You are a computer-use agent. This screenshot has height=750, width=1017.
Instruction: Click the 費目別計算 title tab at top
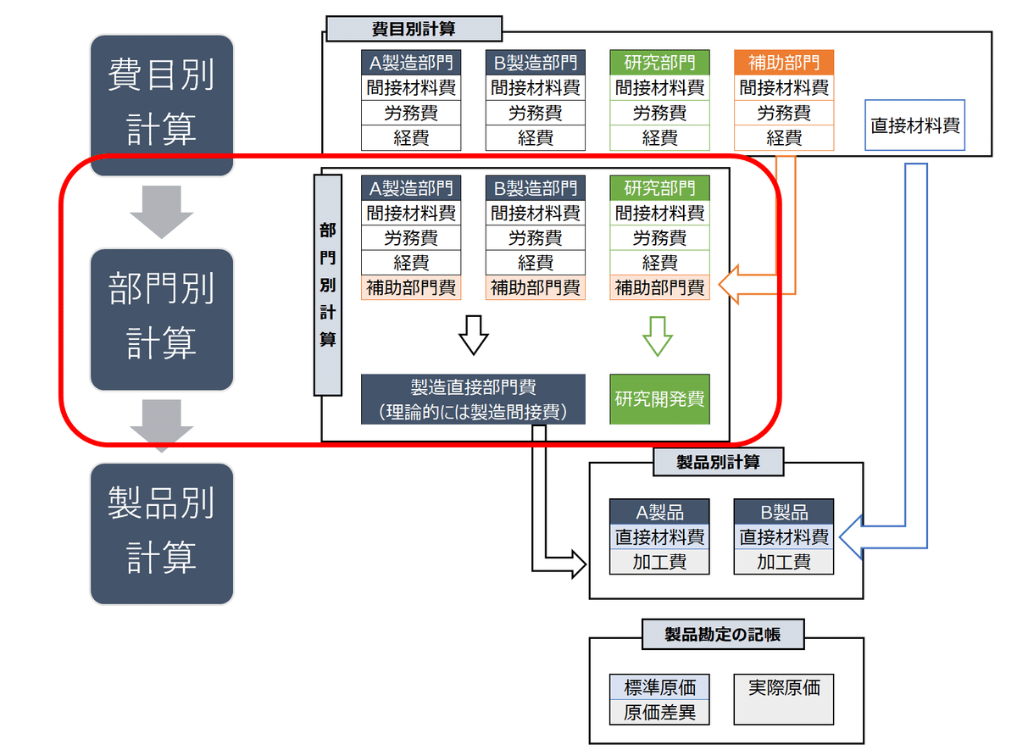click(414, 29)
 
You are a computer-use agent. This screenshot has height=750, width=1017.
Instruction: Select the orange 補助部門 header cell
click(784, 63)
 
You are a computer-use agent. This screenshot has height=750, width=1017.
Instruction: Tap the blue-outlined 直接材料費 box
click(914, 125)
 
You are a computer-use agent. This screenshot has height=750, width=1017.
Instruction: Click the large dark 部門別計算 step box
click(162, 319)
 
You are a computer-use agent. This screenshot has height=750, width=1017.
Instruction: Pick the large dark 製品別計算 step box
click(162, 534)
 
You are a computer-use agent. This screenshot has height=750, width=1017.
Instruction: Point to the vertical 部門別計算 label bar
click(328, 285)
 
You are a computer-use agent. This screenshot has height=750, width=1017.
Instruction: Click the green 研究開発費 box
click(659, 399)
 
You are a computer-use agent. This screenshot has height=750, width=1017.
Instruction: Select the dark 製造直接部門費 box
click(473, 399)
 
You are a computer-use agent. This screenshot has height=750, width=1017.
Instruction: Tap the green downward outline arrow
click(658, 336)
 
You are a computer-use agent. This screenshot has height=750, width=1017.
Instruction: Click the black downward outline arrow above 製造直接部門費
click(474, 336)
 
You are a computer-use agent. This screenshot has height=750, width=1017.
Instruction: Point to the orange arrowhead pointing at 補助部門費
click(729, 285)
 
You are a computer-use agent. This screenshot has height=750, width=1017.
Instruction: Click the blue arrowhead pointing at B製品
click(850, 537)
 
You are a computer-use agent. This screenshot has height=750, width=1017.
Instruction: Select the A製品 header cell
click(659, 512)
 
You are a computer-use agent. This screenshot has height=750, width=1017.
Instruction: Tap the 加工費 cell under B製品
click(784, 562)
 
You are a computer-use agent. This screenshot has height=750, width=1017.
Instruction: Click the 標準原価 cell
click(659, 687)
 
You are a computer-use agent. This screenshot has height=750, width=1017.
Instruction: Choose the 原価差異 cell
click(659, 713)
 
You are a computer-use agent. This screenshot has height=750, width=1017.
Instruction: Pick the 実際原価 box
click(784, 700)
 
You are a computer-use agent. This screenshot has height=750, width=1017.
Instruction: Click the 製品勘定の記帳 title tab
click(723, 634)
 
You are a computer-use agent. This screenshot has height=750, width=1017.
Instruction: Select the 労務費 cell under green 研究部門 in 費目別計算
click(659, 113)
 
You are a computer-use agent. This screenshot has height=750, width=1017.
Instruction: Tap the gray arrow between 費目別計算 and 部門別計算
click(162, 212)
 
